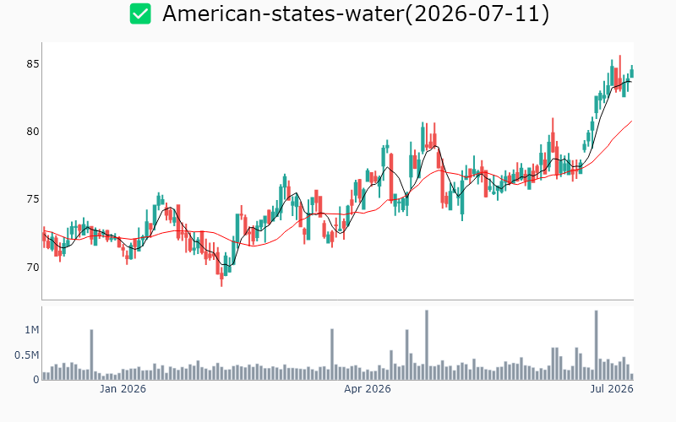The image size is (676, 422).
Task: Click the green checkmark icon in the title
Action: point(140,14)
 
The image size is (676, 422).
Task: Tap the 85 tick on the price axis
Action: point(33,64)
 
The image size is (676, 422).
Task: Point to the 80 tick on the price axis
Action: point(33,132)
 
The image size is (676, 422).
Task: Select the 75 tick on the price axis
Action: point(33,199)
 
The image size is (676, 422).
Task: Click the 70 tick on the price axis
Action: point(33,268)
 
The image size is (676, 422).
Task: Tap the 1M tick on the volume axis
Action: point(32,330)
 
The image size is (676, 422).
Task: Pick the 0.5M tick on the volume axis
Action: point(27,355)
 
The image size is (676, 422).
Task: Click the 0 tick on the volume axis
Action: point(36,380)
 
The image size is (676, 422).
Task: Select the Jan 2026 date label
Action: point(123,389)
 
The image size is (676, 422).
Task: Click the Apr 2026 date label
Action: point(368,389)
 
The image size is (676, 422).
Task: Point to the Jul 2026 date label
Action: point(612,389)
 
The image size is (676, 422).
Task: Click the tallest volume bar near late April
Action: point(427,345)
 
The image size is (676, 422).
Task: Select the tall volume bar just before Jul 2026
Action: point(597,345)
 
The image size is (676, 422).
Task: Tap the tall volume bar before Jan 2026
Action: point(91,354)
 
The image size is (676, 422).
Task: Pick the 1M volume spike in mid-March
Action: point(332,354)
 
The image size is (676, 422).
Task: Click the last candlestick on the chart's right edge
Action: point(632,72)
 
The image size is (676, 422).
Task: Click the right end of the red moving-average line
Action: point(632,121)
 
